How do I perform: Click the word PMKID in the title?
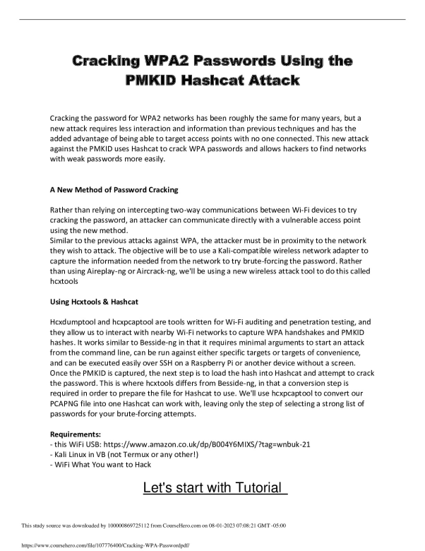click(153, 80)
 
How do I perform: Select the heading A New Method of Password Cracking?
click(114, 190)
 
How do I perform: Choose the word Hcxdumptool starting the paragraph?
click(77, 323)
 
